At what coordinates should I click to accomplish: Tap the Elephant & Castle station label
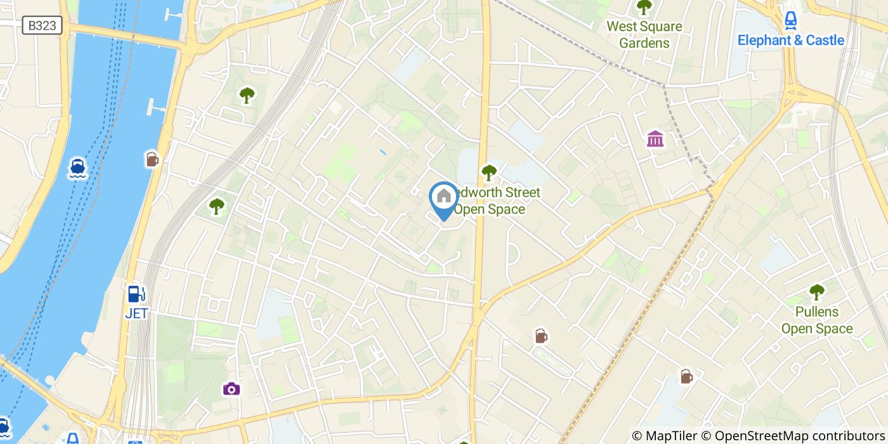(x=790, y=41)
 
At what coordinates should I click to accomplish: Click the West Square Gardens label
(x=644, y=35)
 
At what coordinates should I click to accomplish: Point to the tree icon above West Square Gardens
(x=644, y=8)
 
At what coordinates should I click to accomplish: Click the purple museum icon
(x=655, y=138)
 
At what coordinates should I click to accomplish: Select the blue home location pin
(x=444, y=198)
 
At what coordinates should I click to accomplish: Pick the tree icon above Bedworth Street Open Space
(x=488, y=172)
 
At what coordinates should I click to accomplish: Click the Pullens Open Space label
(x=816, y=320)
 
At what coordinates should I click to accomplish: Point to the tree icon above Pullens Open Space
(x=816, y=292)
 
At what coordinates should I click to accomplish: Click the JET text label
(x=136, y=313)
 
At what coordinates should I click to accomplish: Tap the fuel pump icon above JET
(x=136, y=294)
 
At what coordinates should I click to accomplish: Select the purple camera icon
(x=231, y=389)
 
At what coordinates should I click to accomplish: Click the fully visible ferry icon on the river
(x=78, y=167)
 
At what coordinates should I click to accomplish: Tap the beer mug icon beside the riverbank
(x=152, y=159)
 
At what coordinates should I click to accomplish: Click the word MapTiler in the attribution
(x=670, y=435)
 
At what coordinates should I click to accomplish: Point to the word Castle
(x=825, y=41)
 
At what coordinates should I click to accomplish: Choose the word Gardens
(x=644, y=43)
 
